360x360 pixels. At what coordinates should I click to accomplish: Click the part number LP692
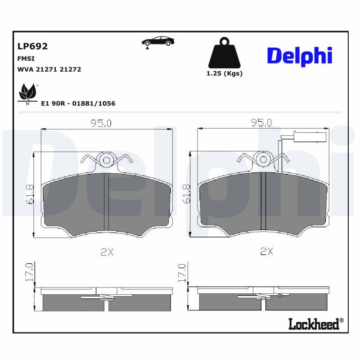pos(32,46)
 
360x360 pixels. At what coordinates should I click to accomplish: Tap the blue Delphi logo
pos(300,56)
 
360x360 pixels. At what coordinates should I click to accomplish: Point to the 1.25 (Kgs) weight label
pos(224,73)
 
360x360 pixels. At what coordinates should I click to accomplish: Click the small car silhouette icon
pos(158,41)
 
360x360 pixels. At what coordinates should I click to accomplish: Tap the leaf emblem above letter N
pos(27,92)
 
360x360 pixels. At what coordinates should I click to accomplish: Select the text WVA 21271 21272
pos(49,69)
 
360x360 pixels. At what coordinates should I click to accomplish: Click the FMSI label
pos(26,59)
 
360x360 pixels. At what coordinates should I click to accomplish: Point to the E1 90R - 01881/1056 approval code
pos(78,103)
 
